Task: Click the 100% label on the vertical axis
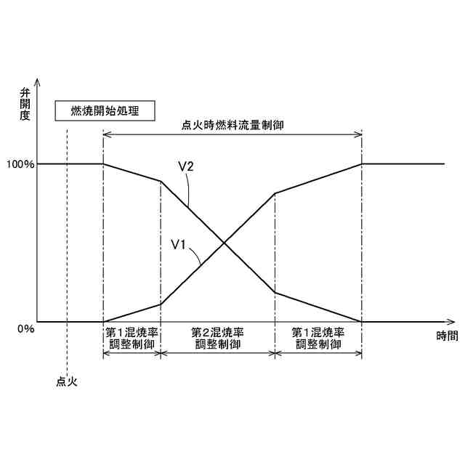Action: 20,164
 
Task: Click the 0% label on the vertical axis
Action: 26,328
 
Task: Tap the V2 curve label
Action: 185,166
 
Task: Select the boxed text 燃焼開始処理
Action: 104,111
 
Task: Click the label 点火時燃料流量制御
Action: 232,125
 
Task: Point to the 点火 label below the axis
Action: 66,380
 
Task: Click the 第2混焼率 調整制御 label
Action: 217,338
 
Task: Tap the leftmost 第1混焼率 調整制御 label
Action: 132,338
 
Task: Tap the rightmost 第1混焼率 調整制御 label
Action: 318,338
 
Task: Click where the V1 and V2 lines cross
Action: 225,243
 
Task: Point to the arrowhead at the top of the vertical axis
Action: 37,81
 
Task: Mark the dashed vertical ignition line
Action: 66,240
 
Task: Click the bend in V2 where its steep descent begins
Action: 161,181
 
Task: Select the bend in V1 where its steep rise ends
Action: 275,193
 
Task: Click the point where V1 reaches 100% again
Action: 362,163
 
